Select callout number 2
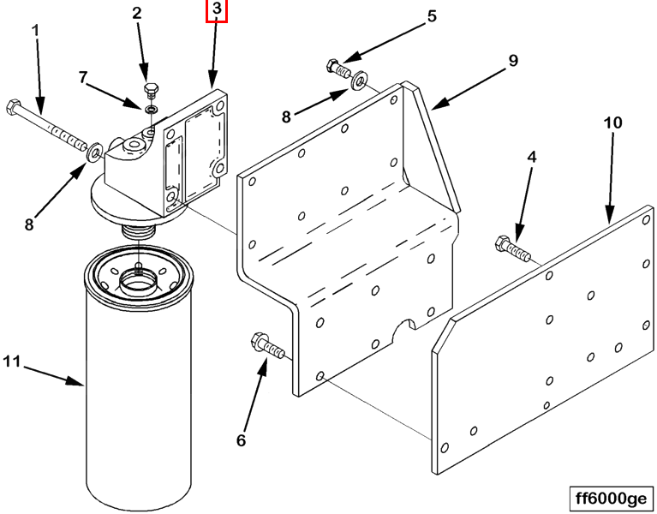point(136,13)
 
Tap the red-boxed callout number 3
point(217,10)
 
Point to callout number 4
point(531,158)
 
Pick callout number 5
point(432,15)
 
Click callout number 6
point(242,440)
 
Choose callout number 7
point(84,78)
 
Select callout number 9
point(513,60)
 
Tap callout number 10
point(612,123)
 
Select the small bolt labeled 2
point(151,93)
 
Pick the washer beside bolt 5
point(358,81)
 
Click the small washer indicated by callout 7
point(151,111)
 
